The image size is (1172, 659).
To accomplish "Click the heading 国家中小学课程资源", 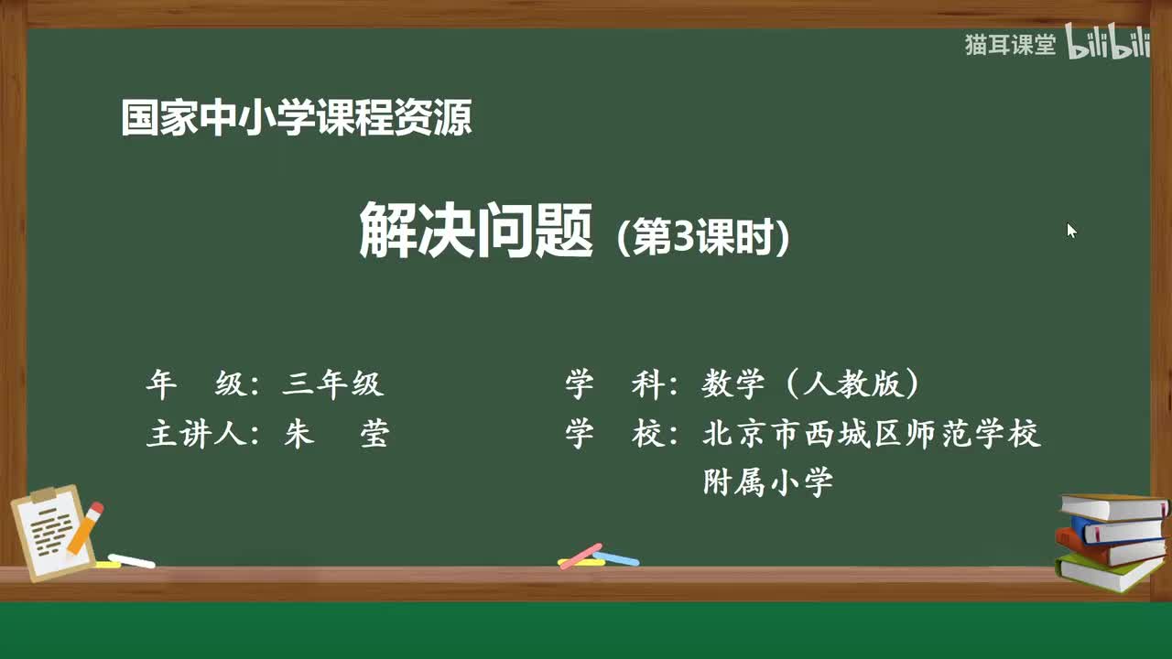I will [x=296, y=119].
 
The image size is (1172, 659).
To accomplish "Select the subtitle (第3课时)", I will [x=702, y=239].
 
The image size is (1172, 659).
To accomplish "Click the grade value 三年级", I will [x=332, y=384].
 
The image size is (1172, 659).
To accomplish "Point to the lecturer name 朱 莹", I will [x=336, y=435].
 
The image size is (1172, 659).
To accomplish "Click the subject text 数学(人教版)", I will [x=810, y=384].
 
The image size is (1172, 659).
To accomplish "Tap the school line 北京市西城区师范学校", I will [x=872, y=434].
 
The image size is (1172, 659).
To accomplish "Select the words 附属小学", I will [x=767, y=482].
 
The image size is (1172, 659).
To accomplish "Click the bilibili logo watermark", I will [x=1108, y=44].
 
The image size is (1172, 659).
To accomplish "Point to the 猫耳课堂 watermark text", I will [x=1010, y=45].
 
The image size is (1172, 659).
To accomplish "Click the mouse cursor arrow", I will [x=1071, y=230].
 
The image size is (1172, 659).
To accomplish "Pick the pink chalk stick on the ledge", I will [x=581, y=556].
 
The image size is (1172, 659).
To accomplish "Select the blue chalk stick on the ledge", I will [x=616, y=557].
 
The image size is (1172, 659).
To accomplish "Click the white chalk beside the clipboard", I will [x=131, y=560].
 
